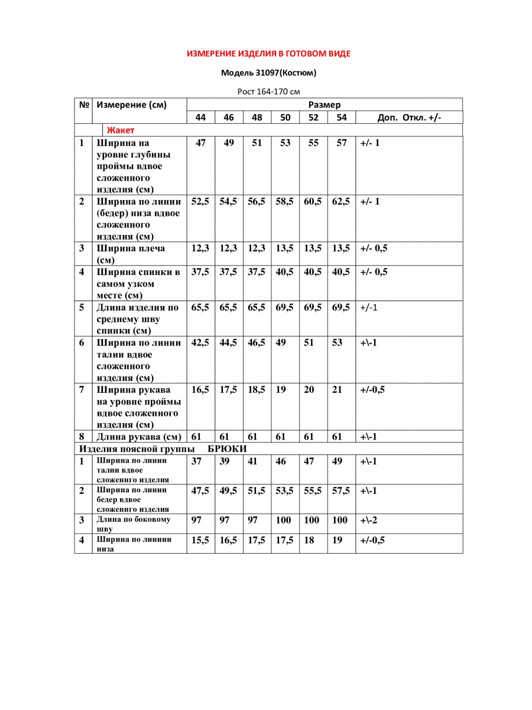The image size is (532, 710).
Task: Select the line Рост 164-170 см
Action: pos(269,92)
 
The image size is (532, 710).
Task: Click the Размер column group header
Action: pos(325,105)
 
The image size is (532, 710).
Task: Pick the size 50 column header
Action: pos(286,118)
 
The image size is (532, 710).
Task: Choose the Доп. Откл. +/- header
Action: pos(409,118)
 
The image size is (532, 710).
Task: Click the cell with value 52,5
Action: pos(200,202)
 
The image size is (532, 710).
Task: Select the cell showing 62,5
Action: pos(341,202)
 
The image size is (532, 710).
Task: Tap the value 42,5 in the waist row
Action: pos(200,343)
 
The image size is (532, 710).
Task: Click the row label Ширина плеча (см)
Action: pos(131,254)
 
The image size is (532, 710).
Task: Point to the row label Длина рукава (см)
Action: pos(138,437)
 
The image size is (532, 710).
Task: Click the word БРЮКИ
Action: pos(228,449)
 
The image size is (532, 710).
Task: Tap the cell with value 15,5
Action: pos(200,540)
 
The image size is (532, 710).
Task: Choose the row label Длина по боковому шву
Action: pos(134,524)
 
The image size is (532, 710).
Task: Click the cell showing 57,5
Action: pos(341,491)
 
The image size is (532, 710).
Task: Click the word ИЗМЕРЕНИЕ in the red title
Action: pos(212,54)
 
